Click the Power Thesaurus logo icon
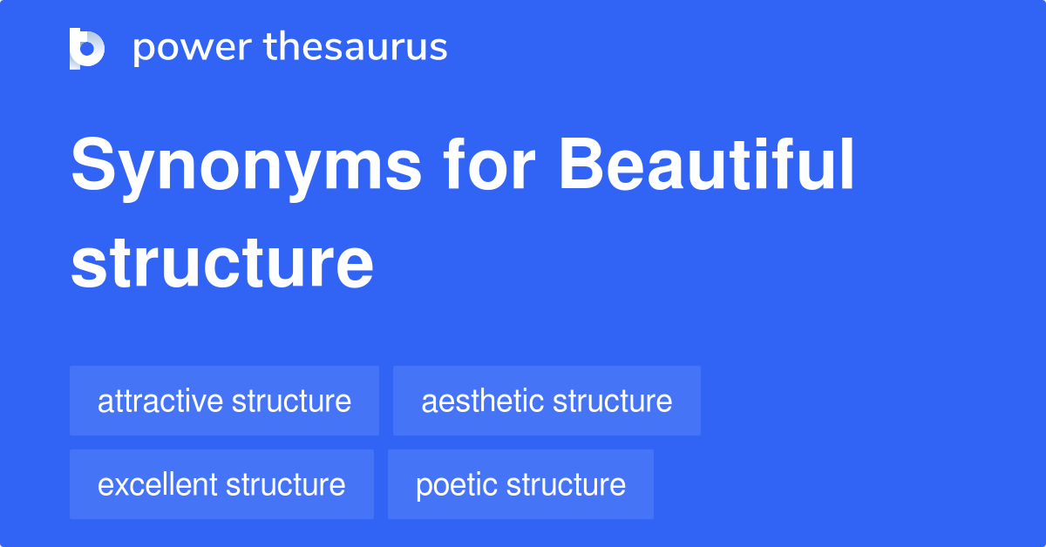click(87, 48)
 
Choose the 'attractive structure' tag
click(224, 401)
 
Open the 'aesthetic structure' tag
click(547, 401)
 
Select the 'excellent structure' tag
click(221, 484)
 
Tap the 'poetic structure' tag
click(520, 484)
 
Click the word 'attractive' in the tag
click(160, 401)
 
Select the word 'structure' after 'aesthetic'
click(612, 401)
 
